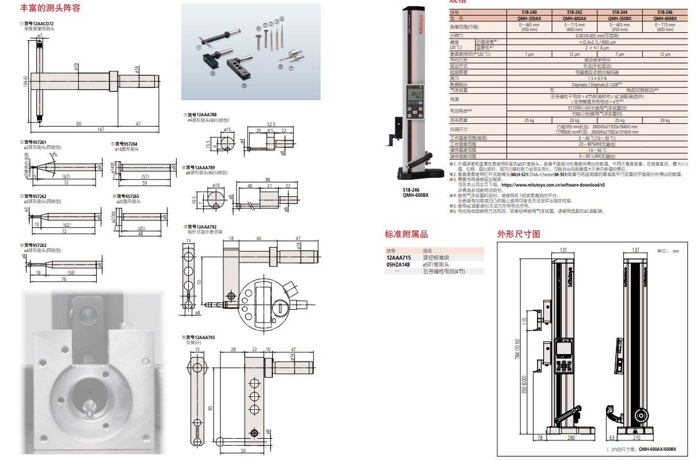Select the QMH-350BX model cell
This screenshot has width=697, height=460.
[619, 18]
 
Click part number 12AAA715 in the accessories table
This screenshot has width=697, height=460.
[398, 257]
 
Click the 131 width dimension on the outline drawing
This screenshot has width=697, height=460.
[564, 250]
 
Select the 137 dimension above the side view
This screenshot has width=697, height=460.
[635, 250]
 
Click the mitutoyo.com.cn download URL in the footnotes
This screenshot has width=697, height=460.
[555, 185]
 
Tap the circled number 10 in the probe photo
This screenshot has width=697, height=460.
[243, 85]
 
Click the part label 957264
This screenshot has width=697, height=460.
[126, 143]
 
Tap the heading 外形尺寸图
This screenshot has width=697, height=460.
[519, 234]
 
